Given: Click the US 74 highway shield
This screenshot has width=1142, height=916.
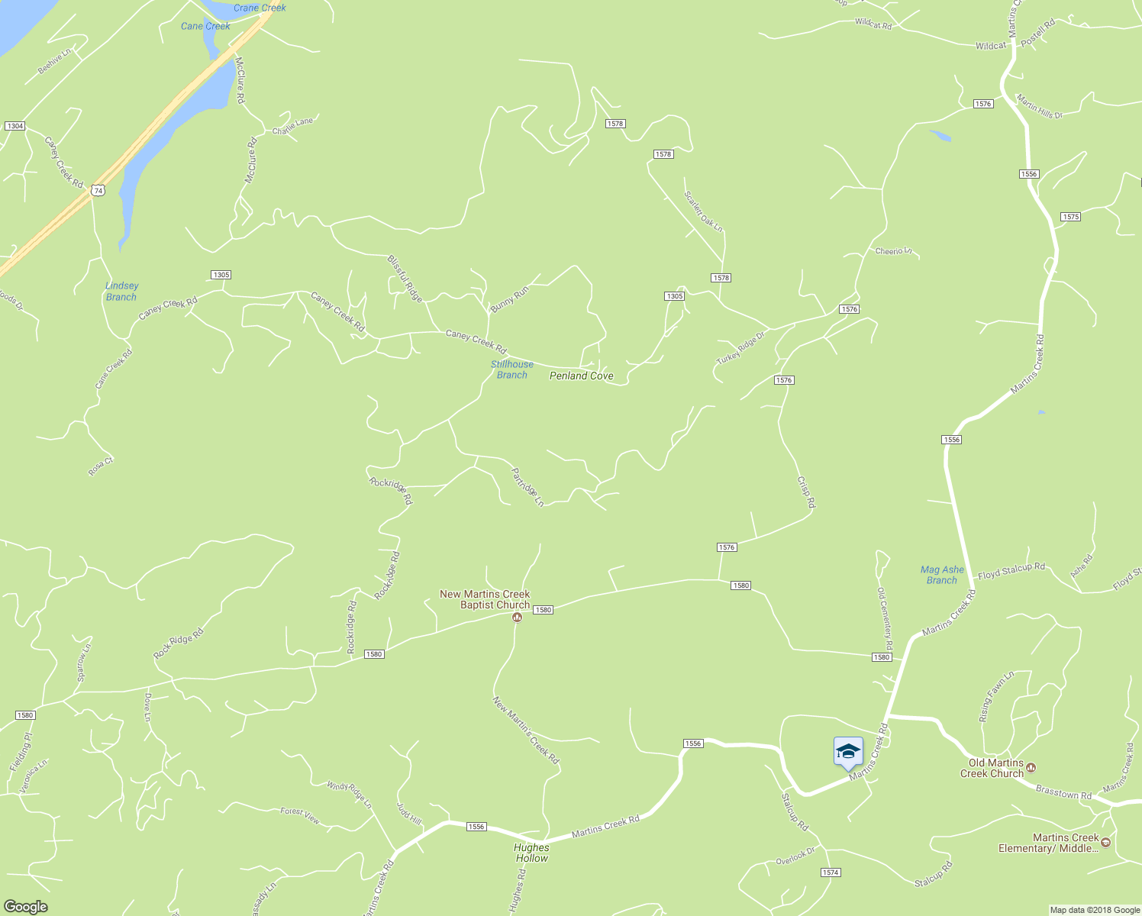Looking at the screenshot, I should [x=97, y=189].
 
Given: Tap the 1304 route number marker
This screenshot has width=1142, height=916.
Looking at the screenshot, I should [x=15, y=126].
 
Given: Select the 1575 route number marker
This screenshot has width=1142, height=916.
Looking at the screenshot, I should [x=1070, y=217].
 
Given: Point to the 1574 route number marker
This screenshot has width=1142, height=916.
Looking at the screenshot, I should [x=831, y=872].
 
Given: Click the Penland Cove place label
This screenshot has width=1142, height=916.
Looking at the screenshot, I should [x=582, y=376].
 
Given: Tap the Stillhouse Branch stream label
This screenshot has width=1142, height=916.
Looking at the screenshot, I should [x=511, y=369].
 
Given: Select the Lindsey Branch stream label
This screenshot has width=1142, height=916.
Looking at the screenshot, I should [x=121, y=292].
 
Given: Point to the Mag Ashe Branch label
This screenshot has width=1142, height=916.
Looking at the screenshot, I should [x=942, y=575].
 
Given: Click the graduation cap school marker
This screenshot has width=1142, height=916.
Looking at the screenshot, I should [x=848, y=752].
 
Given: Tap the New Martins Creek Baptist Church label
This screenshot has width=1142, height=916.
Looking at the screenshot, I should [x=485, y=599].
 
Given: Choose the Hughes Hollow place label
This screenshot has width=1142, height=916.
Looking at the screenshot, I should [x=531, y=853].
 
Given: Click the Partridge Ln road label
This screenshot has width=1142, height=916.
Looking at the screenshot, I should [x=527, y=487].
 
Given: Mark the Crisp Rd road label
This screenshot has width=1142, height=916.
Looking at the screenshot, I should [x=806, y=492].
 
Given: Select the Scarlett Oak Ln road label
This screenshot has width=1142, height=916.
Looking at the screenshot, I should [x=703, y=211].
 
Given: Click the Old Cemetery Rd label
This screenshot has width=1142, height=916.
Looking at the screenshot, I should [x=885, y=618].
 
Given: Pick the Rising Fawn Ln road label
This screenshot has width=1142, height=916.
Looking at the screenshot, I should [x=996, y=696].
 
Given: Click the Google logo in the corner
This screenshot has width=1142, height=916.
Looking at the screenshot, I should [x=25, y=907].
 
